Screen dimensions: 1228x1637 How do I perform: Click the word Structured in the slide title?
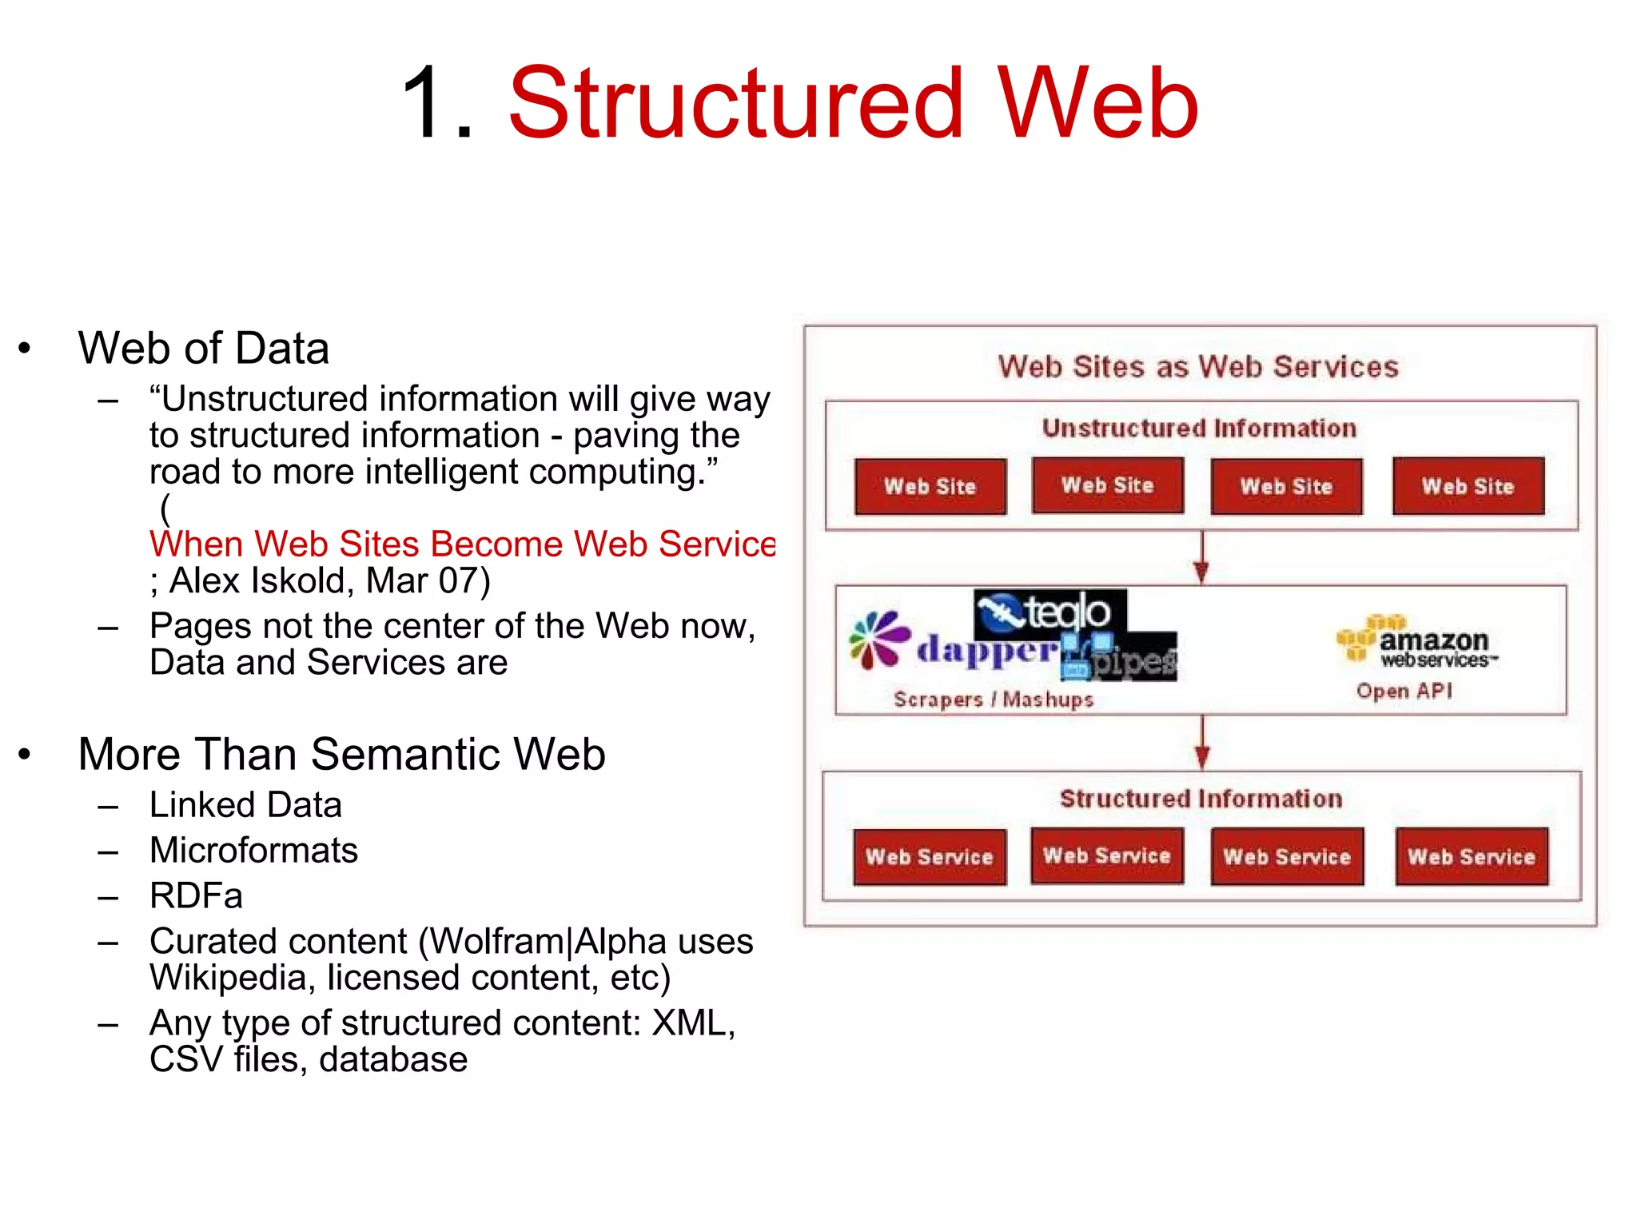pos(735,104)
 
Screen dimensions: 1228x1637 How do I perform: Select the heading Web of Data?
pos(203,349)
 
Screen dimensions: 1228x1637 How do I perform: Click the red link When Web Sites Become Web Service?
pos(462,544)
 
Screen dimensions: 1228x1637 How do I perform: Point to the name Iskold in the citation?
pos(303,581)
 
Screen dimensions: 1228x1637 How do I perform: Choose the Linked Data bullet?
pos(245,805)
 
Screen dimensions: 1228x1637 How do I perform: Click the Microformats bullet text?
pos(253,851)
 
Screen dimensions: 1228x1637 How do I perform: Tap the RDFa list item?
pos(196,896)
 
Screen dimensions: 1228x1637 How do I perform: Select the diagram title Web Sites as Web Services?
pos(1198,367)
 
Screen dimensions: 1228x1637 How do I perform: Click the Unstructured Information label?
pos(1199,429)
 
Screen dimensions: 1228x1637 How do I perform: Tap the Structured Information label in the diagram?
pos(1201,799)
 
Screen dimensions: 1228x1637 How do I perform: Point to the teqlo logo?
pos(1050,612)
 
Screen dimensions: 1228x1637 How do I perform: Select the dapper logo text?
pos(988,650)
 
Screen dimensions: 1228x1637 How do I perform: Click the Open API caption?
pos(1404,691)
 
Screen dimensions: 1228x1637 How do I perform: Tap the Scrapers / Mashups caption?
pos(993,700)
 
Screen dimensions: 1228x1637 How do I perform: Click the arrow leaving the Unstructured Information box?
pos(1201,558)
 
